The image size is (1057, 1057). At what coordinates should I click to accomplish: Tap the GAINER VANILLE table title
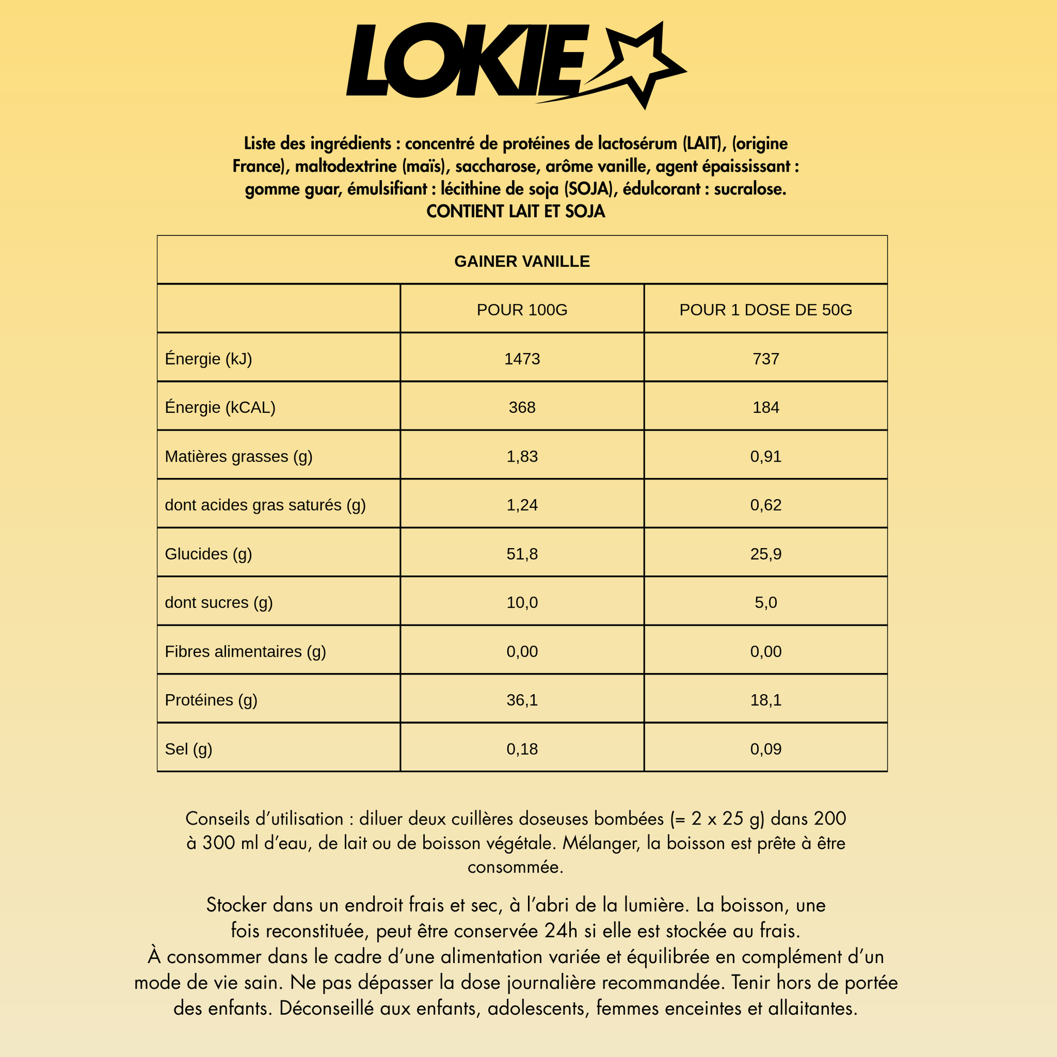(x=522, y=261)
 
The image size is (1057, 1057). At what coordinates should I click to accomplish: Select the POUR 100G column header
(x=522, y=310)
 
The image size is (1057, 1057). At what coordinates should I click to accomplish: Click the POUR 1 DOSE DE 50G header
(x=765, y=310)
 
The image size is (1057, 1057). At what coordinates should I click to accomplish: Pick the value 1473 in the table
(x=522, y=359)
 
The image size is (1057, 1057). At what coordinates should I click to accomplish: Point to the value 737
(x=765, y=359)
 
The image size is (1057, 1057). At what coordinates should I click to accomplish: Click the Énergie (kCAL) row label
(x=220, y=407)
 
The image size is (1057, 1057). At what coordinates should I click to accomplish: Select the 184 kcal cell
(x=765, y=407)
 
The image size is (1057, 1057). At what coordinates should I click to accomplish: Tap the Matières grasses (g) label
(x=238, y=456)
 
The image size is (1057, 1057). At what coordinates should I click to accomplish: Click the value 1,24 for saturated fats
(x=522, y=505)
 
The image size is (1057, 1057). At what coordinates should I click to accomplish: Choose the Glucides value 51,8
(x=522, y=554)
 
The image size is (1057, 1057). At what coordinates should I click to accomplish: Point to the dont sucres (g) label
(x=218, y=603)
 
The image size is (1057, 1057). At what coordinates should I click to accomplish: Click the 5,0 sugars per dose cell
(x=765, y=603)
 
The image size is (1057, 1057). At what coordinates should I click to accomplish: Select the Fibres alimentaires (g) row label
(x=245, y=652)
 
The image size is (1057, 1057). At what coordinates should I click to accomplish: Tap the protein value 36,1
(x=522, y=700)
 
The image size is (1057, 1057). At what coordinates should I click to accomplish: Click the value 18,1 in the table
(x=765, y=700)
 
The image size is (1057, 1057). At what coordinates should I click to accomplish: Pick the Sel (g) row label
(x=188, y=749)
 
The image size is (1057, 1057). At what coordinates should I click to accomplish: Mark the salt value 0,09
(x=765, y=749)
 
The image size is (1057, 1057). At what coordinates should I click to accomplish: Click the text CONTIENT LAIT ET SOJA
(x=515, y=212)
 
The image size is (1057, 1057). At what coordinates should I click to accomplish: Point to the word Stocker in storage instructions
(x=236, y=905)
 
